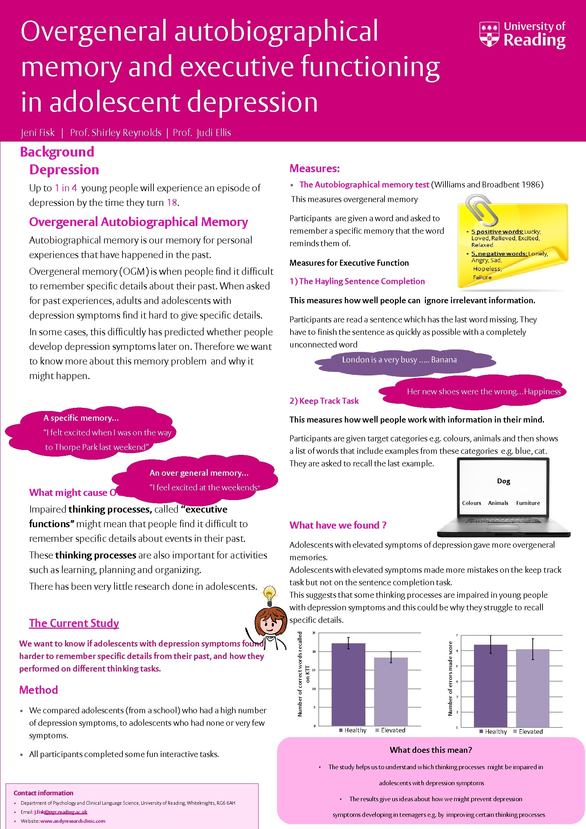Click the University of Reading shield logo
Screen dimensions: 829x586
[x=490, y=34]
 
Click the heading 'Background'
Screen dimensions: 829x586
[x=57, y=152]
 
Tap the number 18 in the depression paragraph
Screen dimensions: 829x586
[x=172, y=203]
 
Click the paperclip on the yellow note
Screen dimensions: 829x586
[x=481, y=210]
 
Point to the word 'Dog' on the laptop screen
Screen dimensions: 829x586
[x=503, y=481]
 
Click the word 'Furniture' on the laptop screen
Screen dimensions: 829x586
[x=528, y=503]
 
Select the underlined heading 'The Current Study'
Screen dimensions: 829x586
[x=74, y=623]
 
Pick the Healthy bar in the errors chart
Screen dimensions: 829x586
[x=490, y=686]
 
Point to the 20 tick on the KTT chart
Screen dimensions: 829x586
[x=314, y=652]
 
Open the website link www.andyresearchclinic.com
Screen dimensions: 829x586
[x=73, y=821]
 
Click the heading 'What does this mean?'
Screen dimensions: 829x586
[x=431, y=750]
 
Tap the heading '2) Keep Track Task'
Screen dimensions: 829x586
[x=324, y=401]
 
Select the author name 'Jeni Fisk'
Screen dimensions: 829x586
[x=38, y=133]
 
